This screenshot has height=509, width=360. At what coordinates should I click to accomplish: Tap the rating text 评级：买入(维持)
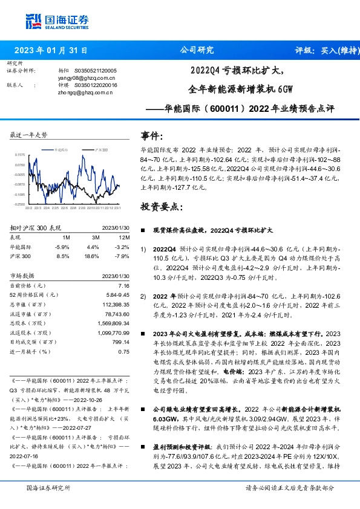[324, 50]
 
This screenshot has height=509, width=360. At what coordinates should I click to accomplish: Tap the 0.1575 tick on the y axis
[20, 155]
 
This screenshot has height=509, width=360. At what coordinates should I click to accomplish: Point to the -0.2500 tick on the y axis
[20, 204]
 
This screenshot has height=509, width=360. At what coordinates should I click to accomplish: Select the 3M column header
[93, 238]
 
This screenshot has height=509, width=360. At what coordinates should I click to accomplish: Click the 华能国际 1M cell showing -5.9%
[62, 247]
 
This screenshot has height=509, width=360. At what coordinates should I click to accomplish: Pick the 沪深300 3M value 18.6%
[93, 256]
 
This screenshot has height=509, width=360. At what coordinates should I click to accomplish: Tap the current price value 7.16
[124, 285]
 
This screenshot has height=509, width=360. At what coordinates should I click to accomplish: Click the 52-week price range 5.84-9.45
[119, 294]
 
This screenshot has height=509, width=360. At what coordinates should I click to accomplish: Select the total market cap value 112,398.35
[116, 304]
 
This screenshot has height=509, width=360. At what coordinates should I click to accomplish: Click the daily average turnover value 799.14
[121, 342]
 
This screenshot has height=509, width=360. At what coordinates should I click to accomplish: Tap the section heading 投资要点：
[160, 207]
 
